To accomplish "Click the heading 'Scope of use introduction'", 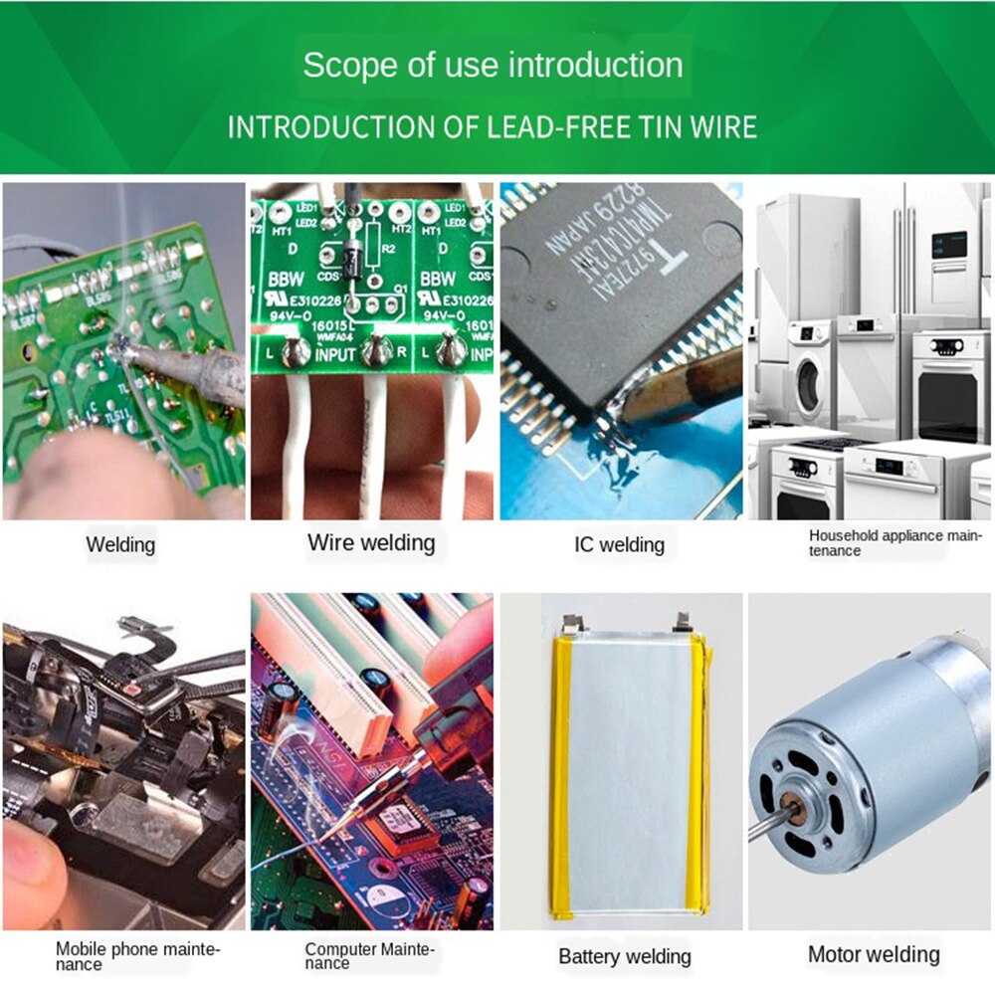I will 493,66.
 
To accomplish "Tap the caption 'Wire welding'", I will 371,542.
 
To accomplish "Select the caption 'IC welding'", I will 619,544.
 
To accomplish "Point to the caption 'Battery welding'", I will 624,956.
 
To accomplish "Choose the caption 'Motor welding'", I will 873,954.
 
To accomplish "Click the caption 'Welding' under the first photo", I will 120,544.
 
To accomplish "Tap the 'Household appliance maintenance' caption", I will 895,542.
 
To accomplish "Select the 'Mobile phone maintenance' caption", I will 137,956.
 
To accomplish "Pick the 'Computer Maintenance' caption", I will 370,956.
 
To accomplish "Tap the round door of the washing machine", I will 809,379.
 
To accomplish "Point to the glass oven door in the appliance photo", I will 946,405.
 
